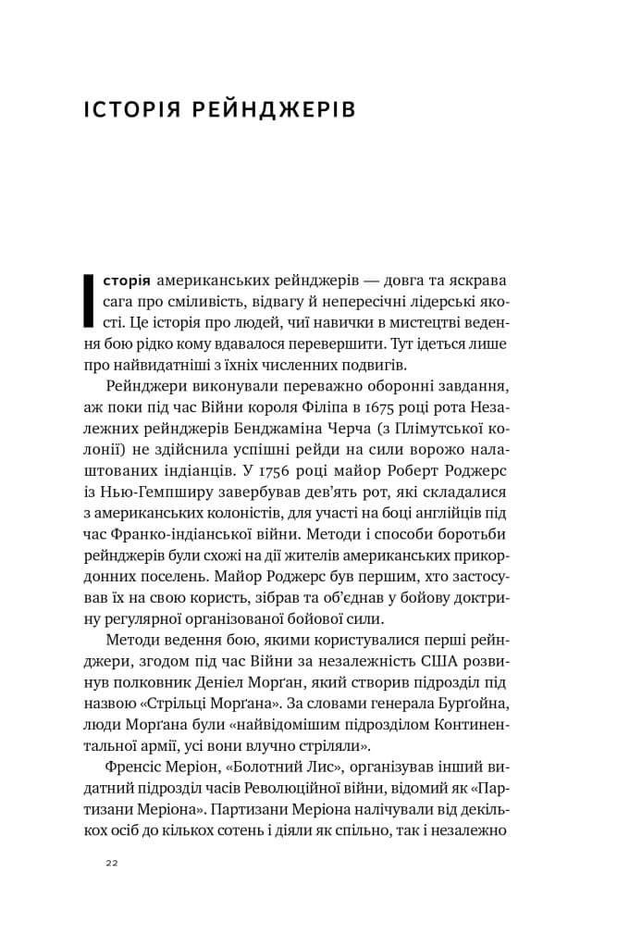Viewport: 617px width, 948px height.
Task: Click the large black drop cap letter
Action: pyautogui.click(x=90, y=302)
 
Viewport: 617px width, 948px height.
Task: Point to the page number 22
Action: pyautogui.click(x=112, y=864)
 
